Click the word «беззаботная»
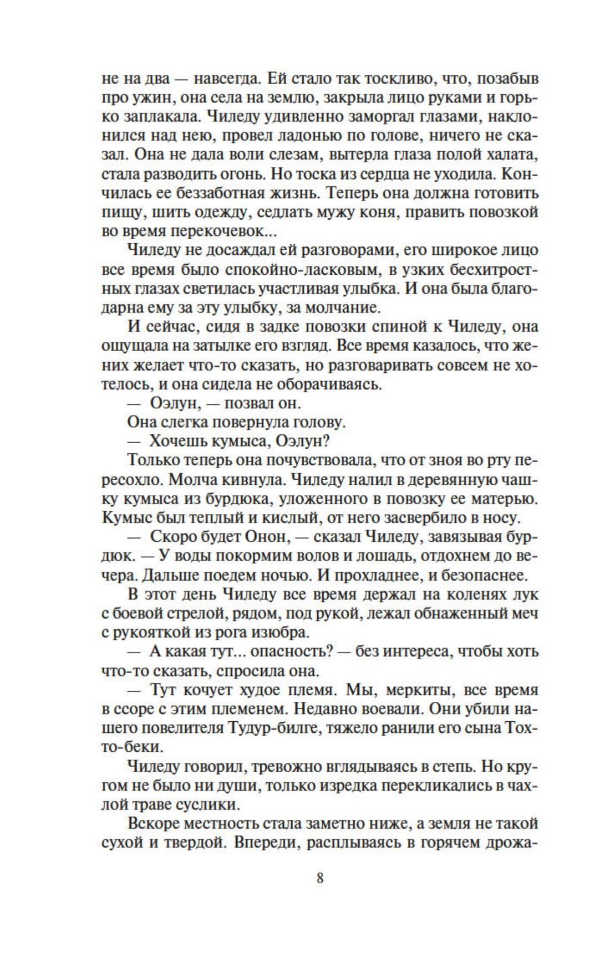pyautogui.click(x=230, y=194)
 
